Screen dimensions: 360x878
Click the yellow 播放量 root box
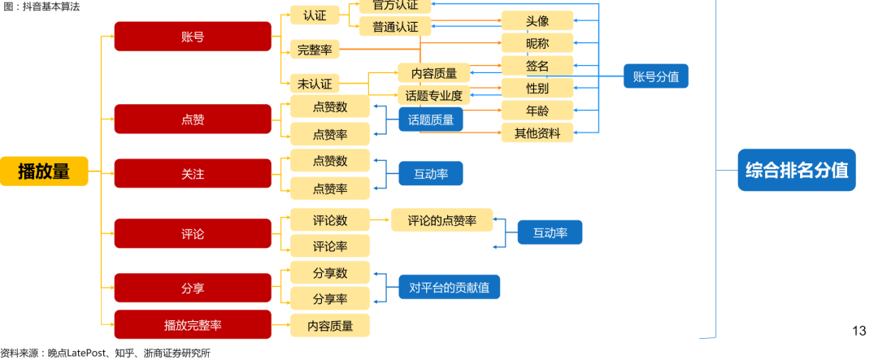click(44, 171)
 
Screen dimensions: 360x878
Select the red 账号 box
click(193, 37)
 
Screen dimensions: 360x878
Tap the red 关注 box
click(193, 174)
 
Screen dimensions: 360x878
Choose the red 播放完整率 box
click(193, 325)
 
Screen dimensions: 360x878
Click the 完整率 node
click(314, 50)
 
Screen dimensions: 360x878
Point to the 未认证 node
click(314, 84)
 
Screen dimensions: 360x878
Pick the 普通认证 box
click(395, 27)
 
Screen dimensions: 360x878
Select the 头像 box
click(537, 21)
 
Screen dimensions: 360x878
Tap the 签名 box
click(537, 66)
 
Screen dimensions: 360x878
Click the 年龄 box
click(537, 111)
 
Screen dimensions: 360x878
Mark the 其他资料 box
click(537, 132)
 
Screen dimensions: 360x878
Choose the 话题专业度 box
click(434, 96)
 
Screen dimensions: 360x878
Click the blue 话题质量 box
click(430, 119)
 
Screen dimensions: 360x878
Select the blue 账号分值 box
click(655, 77)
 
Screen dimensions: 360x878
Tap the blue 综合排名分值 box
click(796, 171)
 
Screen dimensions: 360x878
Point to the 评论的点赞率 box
click(441, 219)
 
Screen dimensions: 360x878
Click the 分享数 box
click(329, 272)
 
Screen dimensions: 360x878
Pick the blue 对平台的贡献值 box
click(449, 287)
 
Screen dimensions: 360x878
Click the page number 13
click(859, 331)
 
